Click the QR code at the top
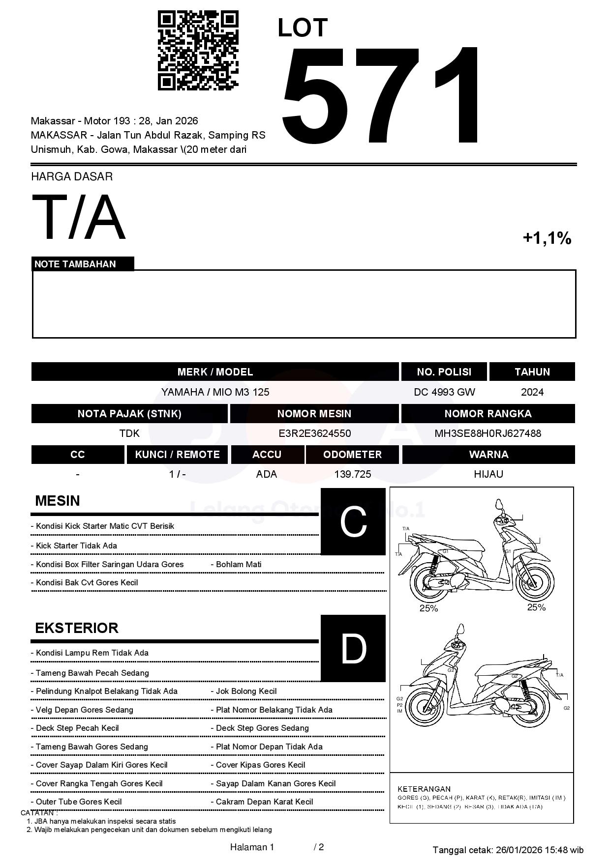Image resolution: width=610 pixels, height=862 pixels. pyautogui.click(x=198, y=51)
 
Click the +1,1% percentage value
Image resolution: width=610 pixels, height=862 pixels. pyautogui.click(x=547, y=238)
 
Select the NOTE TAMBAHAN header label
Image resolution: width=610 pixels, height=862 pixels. pyautogui.click(x=75, y=264)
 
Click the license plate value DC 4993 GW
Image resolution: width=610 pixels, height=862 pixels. pyautogui.click(x=444, y=392)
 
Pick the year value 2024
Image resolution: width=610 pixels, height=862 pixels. pyautogui.click(x=532, y=392)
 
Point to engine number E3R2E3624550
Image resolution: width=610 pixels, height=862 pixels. pyautogui.click(x=314, y=433)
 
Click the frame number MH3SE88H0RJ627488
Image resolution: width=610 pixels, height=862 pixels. pyautogui.click(x=488, y=433)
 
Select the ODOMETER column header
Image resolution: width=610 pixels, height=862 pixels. pyautogui.click(x=352, y=455)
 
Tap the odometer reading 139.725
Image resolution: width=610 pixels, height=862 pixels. pyautogui.click(x=352, y=474)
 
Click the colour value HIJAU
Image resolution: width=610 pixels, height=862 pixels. pyautogui.click(x=488, y=474)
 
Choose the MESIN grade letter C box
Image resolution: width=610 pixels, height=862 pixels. pyautogui.click(x=353, y=522)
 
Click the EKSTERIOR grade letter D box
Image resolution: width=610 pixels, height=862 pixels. pyautogui.click(x=353, y=649)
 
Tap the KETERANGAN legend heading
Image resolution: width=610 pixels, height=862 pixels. pyautogui.click(x=424, y=789)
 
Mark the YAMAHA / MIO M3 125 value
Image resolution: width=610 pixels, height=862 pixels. pyautogui.click(x=215, y=392)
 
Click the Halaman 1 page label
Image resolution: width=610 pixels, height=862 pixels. pyautogui.click(x=252, y=847)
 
